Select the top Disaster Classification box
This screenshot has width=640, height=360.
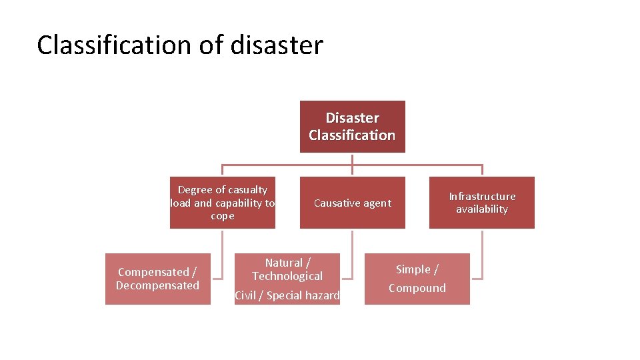(x=352, y=127)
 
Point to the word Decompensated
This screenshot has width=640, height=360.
(x=157, y=285)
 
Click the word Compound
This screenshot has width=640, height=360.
(x=417, y=288)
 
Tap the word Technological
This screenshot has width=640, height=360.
(x=287, y=276)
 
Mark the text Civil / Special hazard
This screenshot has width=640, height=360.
(x=287, y=295)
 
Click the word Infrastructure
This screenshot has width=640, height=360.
(x=482, y=196)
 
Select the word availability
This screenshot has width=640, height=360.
(x=482, y=209)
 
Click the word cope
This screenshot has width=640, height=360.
(x=223, y=216)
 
